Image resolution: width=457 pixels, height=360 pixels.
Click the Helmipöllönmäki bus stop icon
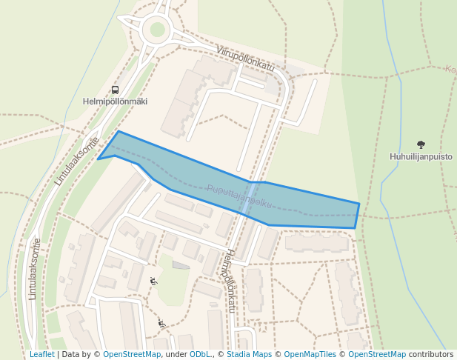(x=115, y=90)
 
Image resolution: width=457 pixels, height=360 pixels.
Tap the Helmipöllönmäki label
(x=115, y=101)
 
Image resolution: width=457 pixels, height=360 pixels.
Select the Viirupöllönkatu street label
(x=245, y=59)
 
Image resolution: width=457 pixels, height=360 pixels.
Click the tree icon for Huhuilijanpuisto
(x=421, y=144)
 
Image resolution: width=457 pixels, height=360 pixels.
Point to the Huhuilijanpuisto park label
(x=421, y=156)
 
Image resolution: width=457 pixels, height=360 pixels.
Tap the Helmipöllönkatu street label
(x=230, y=280)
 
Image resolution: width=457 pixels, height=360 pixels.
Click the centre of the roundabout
(x=157, y=30)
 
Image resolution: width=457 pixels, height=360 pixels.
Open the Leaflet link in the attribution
(x=41, y=355)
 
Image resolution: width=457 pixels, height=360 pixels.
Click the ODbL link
(x=200, y=355)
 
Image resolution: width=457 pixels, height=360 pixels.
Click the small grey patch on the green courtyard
(x=181, y=264)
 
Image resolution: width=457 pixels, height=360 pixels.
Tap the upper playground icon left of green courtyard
(x=153, y=281)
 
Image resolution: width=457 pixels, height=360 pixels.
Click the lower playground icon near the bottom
(x=161, y=323)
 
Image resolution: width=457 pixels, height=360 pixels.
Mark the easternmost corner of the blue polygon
(x=359, y=204)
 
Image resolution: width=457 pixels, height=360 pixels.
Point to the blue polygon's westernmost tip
(x=98, y=159)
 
